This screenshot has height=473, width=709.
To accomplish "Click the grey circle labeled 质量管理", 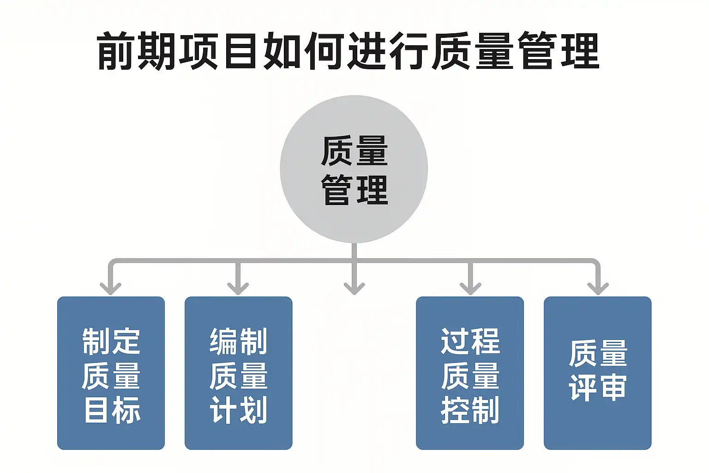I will click(x=354, y=169).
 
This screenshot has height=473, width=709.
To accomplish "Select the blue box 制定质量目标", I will click(x=111, y=373).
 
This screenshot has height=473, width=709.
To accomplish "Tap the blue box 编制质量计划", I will click(x=238, y=373).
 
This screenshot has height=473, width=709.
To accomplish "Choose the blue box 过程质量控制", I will click(x=470, y=373).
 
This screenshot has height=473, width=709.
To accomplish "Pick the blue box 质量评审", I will click(x=597, y=373).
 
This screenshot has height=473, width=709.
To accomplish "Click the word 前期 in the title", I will click(x=137, y=51).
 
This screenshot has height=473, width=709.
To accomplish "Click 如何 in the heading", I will click(x=303, y=51).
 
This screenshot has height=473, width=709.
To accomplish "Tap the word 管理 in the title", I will click(x=558, y=51).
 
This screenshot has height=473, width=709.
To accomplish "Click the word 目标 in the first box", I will click(x=112, y=410).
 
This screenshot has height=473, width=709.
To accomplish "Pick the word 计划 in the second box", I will click(x=239, y=410).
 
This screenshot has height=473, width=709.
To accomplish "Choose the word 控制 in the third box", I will click(x=470, y=410).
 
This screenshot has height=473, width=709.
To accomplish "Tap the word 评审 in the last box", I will click(x=597, y=388).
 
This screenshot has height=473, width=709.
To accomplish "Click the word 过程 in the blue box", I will click(x=470, y=341).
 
